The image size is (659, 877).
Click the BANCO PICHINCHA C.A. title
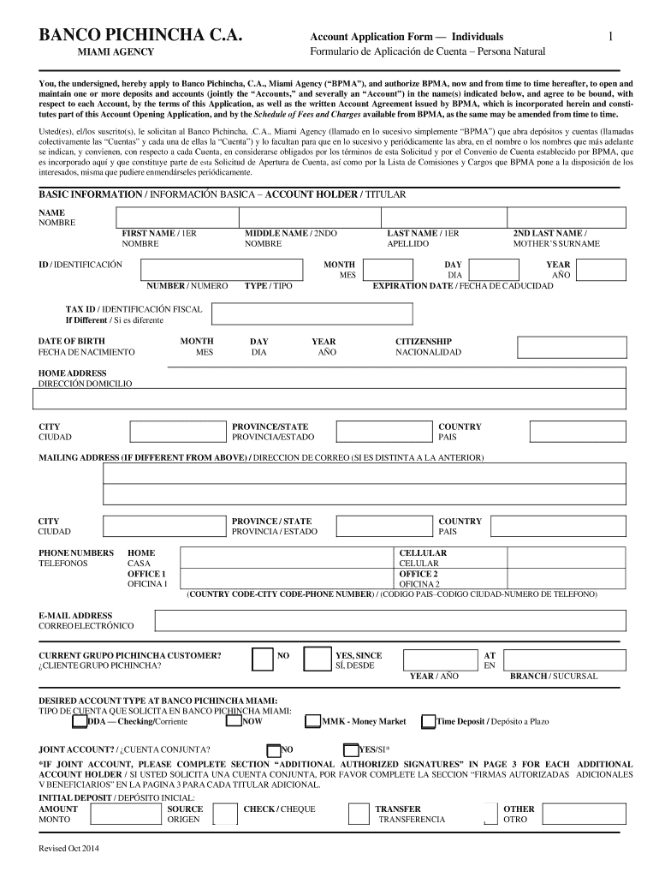coord(140,36)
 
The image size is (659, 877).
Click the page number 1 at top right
coord(610,36)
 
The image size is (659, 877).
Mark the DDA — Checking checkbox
coord(80,722)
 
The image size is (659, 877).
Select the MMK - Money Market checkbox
coord(313,722)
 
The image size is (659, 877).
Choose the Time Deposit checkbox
coord(429,722)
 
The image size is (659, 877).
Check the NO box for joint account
coord(274,749)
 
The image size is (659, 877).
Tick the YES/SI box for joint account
coord(351,749)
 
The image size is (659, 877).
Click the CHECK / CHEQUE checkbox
coord(225,814)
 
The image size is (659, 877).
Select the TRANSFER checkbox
coord(360,814)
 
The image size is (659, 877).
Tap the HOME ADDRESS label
coord(73,373)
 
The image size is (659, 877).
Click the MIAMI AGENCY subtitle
coord(116,52)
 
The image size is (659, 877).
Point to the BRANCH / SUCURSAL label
coord(553,677)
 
